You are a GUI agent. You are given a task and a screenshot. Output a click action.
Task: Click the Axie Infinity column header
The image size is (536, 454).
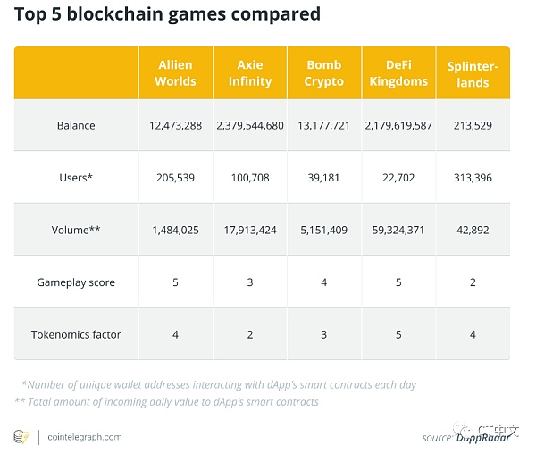pyautogui.click(x=250, y=73)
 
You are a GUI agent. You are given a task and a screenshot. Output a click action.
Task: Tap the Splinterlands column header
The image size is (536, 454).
pyautogui.click(x=473, y=74)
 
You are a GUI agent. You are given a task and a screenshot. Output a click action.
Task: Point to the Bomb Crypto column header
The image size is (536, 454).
pyautogui.click(x=323, y=73)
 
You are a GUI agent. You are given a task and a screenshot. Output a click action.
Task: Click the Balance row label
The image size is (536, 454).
pyautogui.click(x=76, y=125)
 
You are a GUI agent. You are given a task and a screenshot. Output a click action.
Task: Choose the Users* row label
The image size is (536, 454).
pyautogui.click(x=76, y=177)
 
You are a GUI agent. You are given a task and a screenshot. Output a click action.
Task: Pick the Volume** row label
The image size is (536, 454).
pyautogui.click(x=76, y=230)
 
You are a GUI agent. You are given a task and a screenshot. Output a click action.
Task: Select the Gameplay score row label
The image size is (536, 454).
pyautogui.click(x=76, y=282)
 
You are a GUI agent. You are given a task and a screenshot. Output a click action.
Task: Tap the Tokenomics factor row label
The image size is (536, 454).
pyautogui.click(x=76, y=334)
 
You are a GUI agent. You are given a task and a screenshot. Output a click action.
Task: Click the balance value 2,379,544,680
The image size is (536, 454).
pyautogui.click(x=250, y=125)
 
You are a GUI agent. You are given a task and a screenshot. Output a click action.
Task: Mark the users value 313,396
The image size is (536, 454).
pyautogui.click(x=473, y=177)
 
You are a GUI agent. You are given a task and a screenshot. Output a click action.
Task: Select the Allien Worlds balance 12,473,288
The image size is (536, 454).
pyautogui.click(x=176, y=125)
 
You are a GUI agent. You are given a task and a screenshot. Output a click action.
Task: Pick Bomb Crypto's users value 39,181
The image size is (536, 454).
pyautogui.click(x=323, y=177)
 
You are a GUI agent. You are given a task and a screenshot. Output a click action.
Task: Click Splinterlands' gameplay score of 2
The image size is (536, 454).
pyautogui.click(x=473, y=282)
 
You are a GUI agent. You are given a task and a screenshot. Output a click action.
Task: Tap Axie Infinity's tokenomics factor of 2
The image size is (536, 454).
pyautogui.click(x=250, y=334)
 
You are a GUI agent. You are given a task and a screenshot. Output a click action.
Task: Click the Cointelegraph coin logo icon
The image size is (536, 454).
pyautogui.click(x=21, y=437)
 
